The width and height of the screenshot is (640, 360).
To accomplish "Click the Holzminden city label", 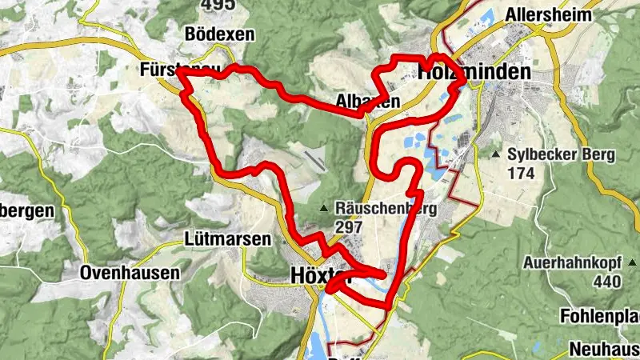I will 474,72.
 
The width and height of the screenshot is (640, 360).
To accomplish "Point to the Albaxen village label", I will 368,102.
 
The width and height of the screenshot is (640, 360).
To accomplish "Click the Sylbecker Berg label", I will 561,154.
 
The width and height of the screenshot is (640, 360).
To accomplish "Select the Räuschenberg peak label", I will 386,210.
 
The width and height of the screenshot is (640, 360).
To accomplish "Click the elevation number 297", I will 350,227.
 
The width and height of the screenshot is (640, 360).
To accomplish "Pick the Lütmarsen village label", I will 229,239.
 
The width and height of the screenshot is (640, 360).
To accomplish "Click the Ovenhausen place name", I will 130,274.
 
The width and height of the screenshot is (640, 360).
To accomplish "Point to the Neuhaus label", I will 604,349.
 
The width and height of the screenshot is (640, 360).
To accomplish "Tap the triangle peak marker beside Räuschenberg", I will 324,210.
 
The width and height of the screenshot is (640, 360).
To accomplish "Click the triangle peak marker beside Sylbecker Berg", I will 497,154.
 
